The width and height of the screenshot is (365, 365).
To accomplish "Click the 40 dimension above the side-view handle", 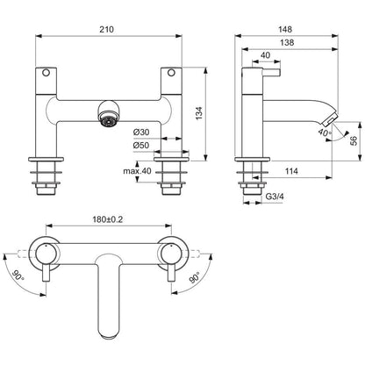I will pos(266,54).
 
